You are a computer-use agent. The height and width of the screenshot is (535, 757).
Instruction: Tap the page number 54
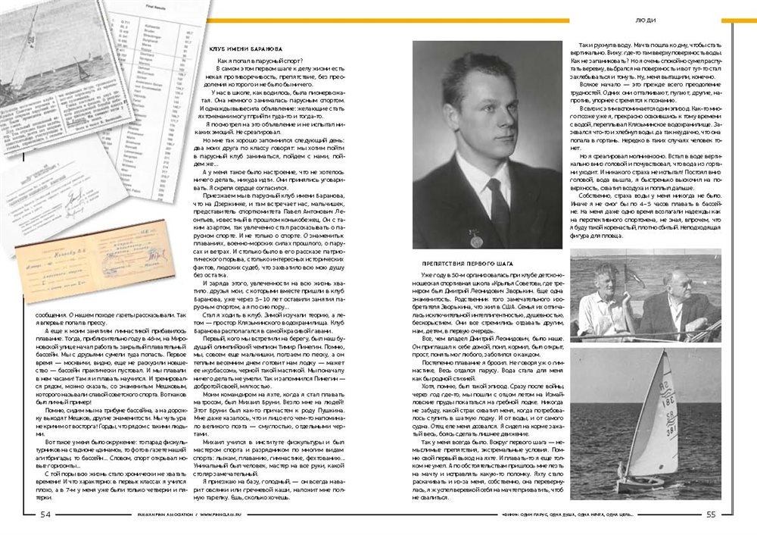pyautogui.click(x=45, y=515)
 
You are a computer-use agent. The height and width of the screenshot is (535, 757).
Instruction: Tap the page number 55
pyautogui.click(x=711, y=515)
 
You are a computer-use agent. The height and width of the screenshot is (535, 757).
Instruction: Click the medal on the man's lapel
pyautogui.click(x=475, y=241)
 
